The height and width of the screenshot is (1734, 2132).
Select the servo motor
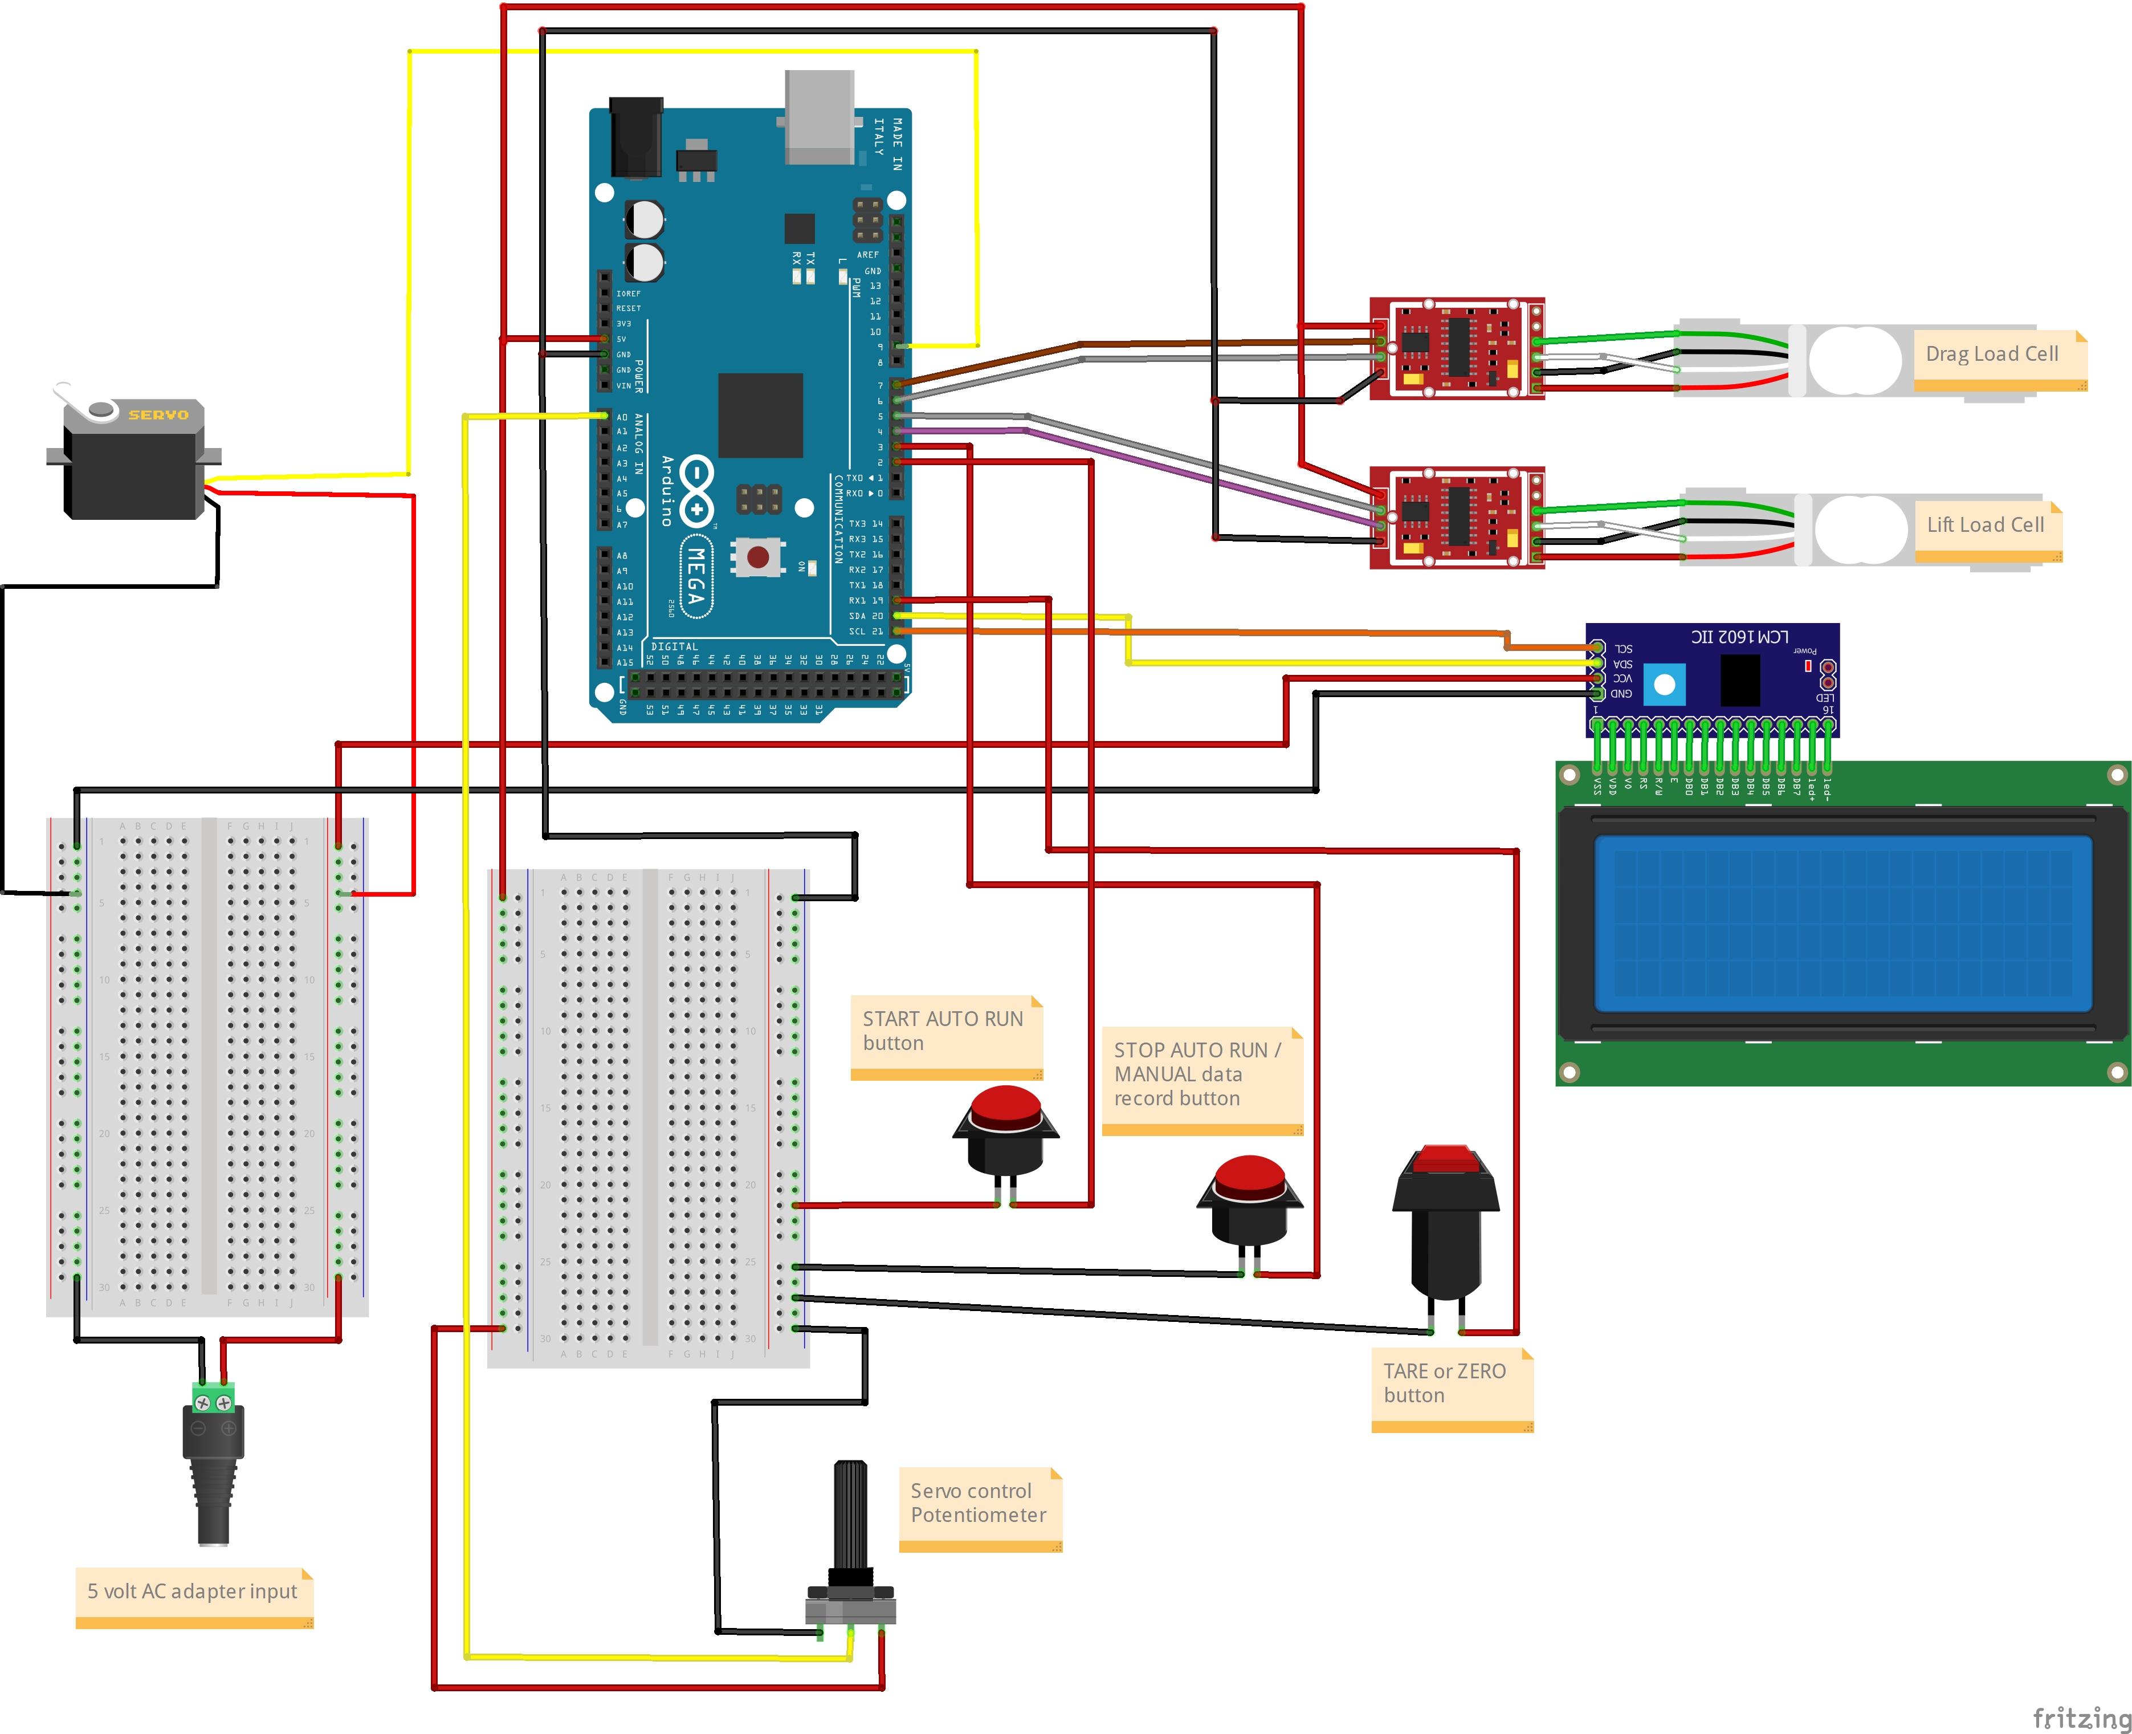(133, 459)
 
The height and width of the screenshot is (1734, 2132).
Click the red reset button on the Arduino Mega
(758, 556)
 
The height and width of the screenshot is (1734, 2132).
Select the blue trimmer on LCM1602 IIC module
(1664, 685)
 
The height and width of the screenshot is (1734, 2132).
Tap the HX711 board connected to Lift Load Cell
(1457, 518)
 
